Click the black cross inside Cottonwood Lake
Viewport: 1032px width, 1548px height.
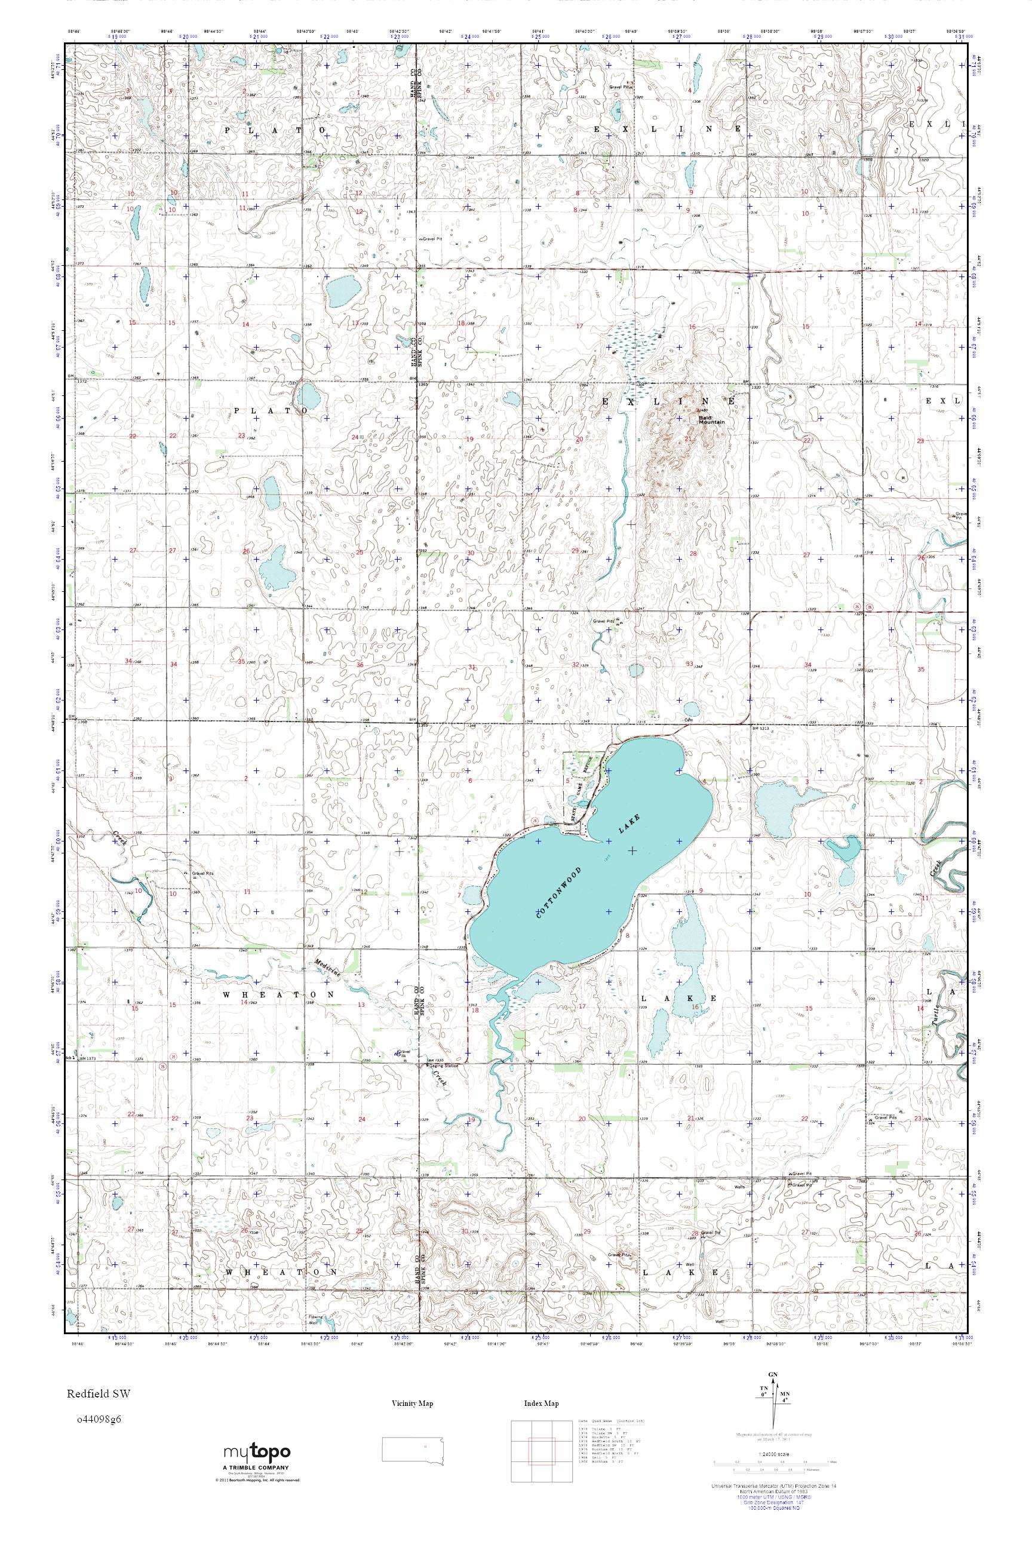pos(632,850)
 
